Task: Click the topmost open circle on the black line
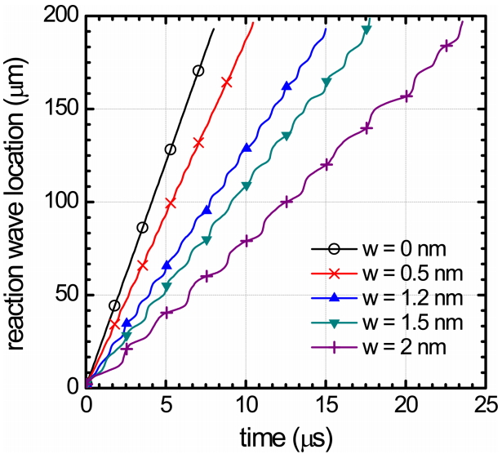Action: [198, 70]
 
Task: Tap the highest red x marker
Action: [227, 81]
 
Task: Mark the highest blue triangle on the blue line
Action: [287, 86]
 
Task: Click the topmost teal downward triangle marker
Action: [366, 29]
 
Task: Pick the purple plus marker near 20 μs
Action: [406, 96]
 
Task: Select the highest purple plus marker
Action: [446, 46]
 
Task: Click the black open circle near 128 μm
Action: [170, 149]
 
